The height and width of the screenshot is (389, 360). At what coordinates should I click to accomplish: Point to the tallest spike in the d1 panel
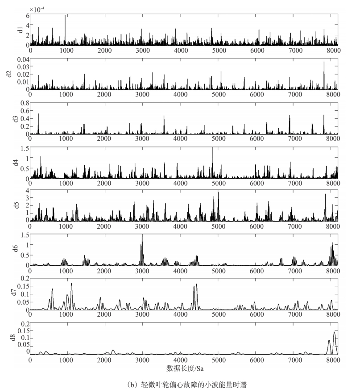[66, 16]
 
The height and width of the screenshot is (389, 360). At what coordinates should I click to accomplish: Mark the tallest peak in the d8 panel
[334, 332]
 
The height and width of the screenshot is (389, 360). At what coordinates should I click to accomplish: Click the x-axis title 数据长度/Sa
[183, 369]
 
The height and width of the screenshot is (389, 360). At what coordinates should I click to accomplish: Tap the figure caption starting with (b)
[183, 384]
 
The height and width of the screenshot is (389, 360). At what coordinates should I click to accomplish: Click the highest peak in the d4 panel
[213, 148]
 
